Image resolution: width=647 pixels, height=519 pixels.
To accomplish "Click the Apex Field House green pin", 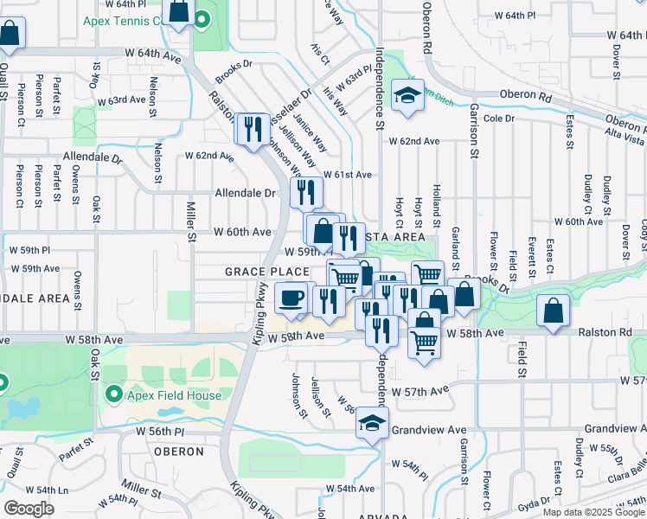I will [x=113, y=395].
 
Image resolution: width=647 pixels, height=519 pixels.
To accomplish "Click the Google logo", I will [x=29, y=509].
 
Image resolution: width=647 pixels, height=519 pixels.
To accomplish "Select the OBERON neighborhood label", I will [x=178, y=452].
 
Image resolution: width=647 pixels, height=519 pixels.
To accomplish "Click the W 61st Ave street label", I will [x=348, y=175].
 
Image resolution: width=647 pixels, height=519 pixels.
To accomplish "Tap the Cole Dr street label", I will [x=499, y=118].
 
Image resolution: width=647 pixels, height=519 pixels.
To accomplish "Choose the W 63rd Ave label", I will [x=121, y=100].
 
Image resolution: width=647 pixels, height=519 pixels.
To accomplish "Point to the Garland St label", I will [x=455, y=249].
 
